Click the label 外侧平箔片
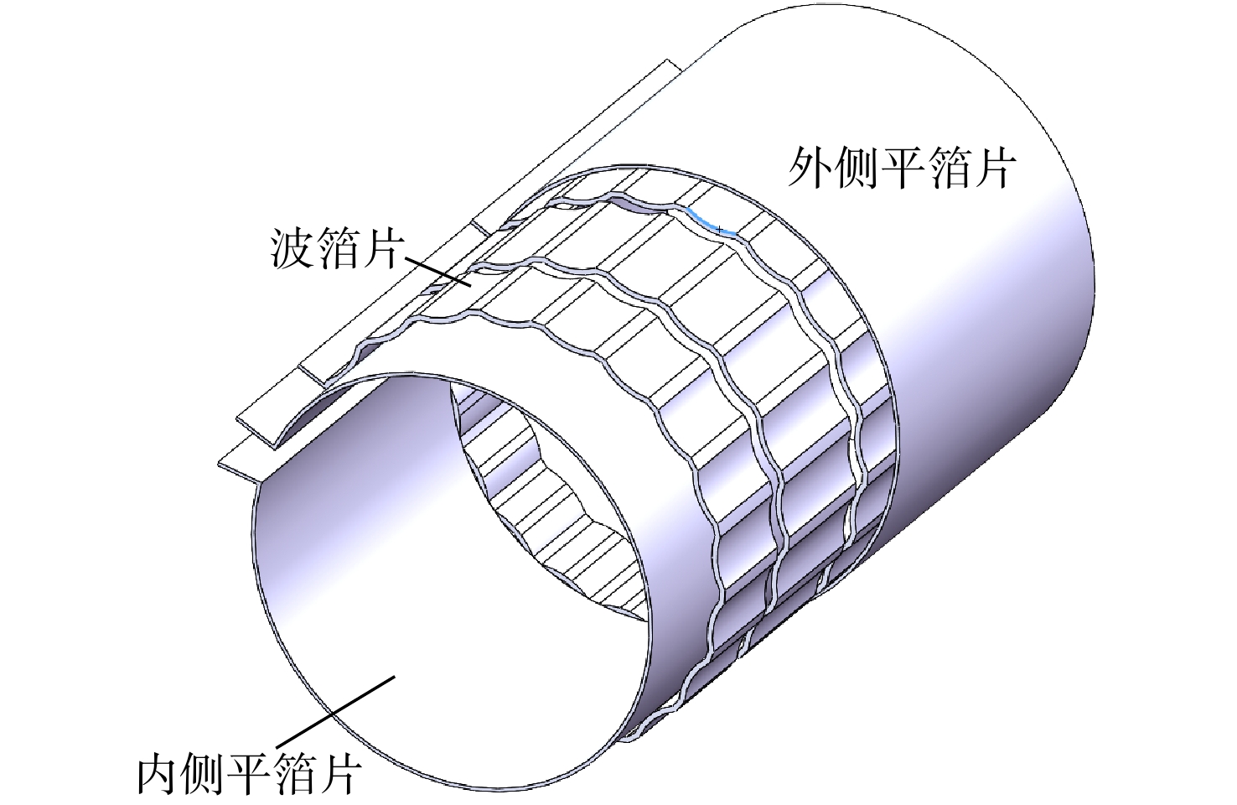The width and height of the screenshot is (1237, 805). [x=901, y=168]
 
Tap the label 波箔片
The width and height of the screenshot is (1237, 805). [x=338, y=249]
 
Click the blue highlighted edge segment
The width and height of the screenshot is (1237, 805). [x=712, y=223]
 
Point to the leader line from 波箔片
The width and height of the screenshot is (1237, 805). [x=438, y=272]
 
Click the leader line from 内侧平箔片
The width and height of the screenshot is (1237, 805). [x=335, y=711]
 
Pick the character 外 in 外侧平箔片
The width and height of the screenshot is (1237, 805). [x=809, y=168]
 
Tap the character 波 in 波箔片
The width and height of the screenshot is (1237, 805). [x=292, y=249]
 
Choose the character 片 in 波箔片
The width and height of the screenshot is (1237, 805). [x=383, y=249]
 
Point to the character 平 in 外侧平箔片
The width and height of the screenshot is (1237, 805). [x=902, y=168]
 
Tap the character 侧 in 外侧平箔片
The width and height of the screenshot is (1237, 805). [x=855, y=168]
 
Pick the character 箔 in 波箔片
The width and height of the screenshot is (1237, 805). [x=338, y=249]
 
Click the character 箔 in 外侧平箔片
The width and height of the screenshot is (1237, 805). [x=948, y=168]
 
